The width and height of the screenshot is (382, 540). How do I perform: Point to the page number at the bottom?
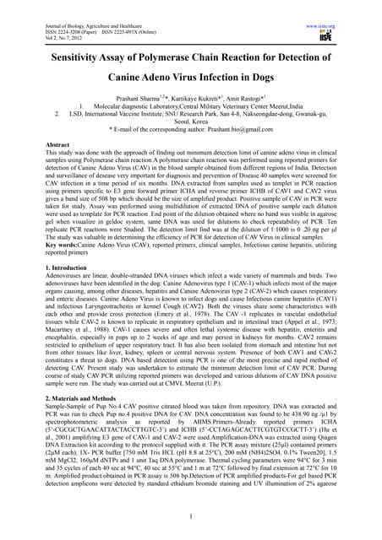tap(192, 517)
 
